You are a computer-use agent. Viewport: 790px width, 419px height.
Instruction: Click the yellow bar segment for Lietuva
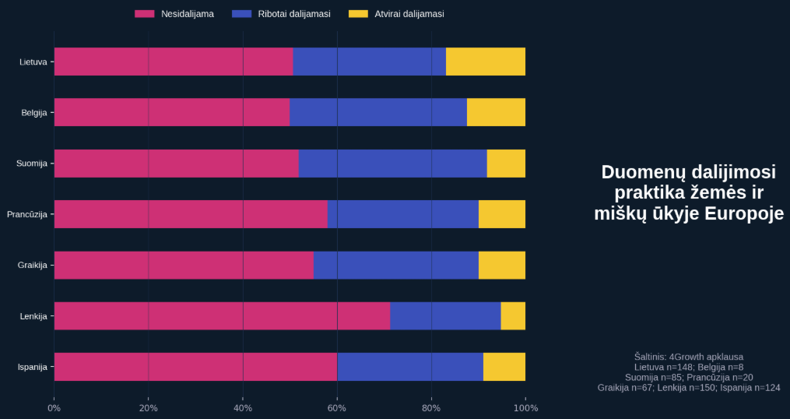tap(486, 62)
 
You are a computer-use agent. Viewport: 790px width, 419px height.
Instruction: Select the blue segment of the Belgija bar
tap(378, 112)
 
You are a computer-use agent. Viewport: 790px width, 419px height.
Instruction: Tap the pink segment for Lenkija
tap(222, 315)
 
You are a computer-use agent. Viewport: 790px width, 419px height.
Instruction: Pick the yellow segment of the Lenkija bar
tap(513, 315)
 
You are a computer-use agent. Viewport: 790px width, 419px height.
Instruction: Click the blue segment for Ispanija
tap(410, 366)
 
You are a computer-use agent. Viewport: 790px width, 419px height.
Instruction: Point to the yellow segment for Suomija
tap(506, 164)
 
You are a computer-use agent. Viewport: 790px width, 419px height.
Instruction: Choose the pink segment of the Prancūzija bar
tap(191, 214)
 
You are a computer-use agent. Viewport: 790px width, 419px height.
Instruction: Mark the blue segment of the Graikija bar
tap(396, 265)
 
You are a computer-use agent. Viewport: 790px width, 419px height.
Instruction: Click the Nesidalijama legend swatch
tap(145, 14)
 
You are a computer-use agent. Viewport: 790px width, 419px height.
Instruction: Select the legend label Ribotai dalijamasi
tap(293, 14)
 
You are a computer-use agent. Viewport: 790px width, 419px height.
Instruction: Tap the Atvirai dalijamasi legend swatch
tap(358, 14)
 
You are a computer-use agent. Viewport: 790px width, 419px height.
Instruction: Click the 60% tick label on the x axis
tap(337, 407)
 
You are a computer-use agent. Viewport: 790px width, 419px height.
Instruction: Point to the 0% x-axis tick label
tap(54, 407)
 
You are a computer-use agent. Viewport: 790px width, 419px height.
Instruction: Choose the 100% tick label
tap(525, 407)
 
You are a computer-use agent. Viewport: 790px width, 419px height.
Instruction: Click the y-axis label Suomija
tap(32, 164)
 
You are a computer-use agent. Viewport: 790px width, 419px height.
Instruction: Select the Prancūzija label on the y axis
tap(27, 214)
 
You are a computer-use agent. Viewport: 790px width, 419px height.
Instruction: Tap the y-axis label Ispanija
tap(33, 366)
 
